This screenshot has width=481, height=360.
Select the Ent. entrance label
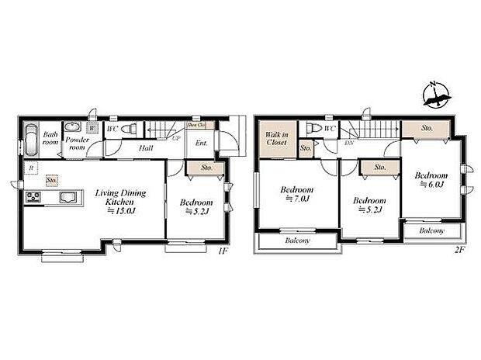point(201,143)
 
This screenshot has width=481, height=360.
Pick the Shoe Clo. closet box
point(196,124)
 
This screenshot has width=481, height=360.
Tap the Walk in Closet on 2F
point(276,140)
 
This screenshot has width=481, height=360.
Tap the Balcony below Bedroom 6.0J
point(432,230)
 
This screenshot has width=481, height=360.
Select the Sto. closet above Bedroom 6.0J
point(427,127)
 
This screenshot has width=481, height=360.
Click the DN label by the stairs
point(349,144)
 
